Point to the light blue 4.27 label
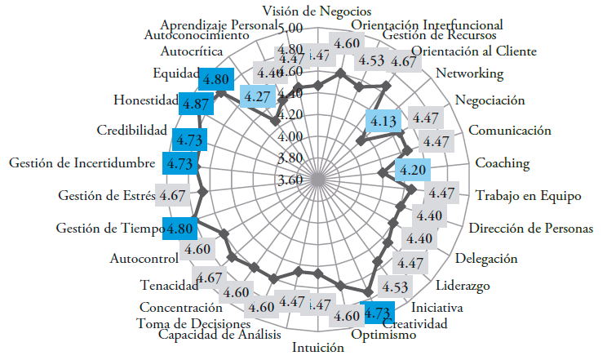click(258, 96)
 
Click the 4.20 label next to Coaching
click(411, 171)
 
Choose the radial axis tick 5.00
click(291, 28)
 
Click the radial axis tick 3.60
click(291, 180)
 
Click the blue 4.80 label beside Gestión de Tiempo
click(180, 229)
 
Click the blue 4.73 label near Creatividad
click(377, 313)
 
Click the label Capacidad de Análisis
click(219, 335)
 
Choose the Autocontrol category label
click(144, 259)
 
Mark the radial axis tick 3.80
click(291, 158)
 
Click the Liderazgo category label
click(463, 287)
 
